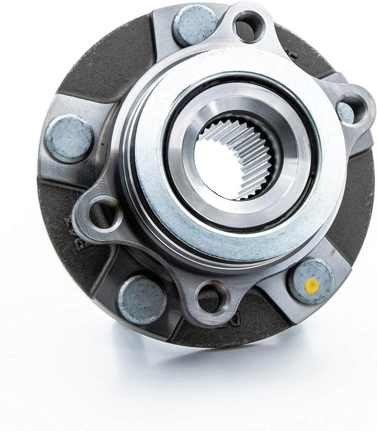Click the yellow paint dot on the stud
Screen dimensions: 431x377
coord(312,285)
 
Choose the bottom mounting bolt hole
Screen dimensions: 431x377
coord(212,298)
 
